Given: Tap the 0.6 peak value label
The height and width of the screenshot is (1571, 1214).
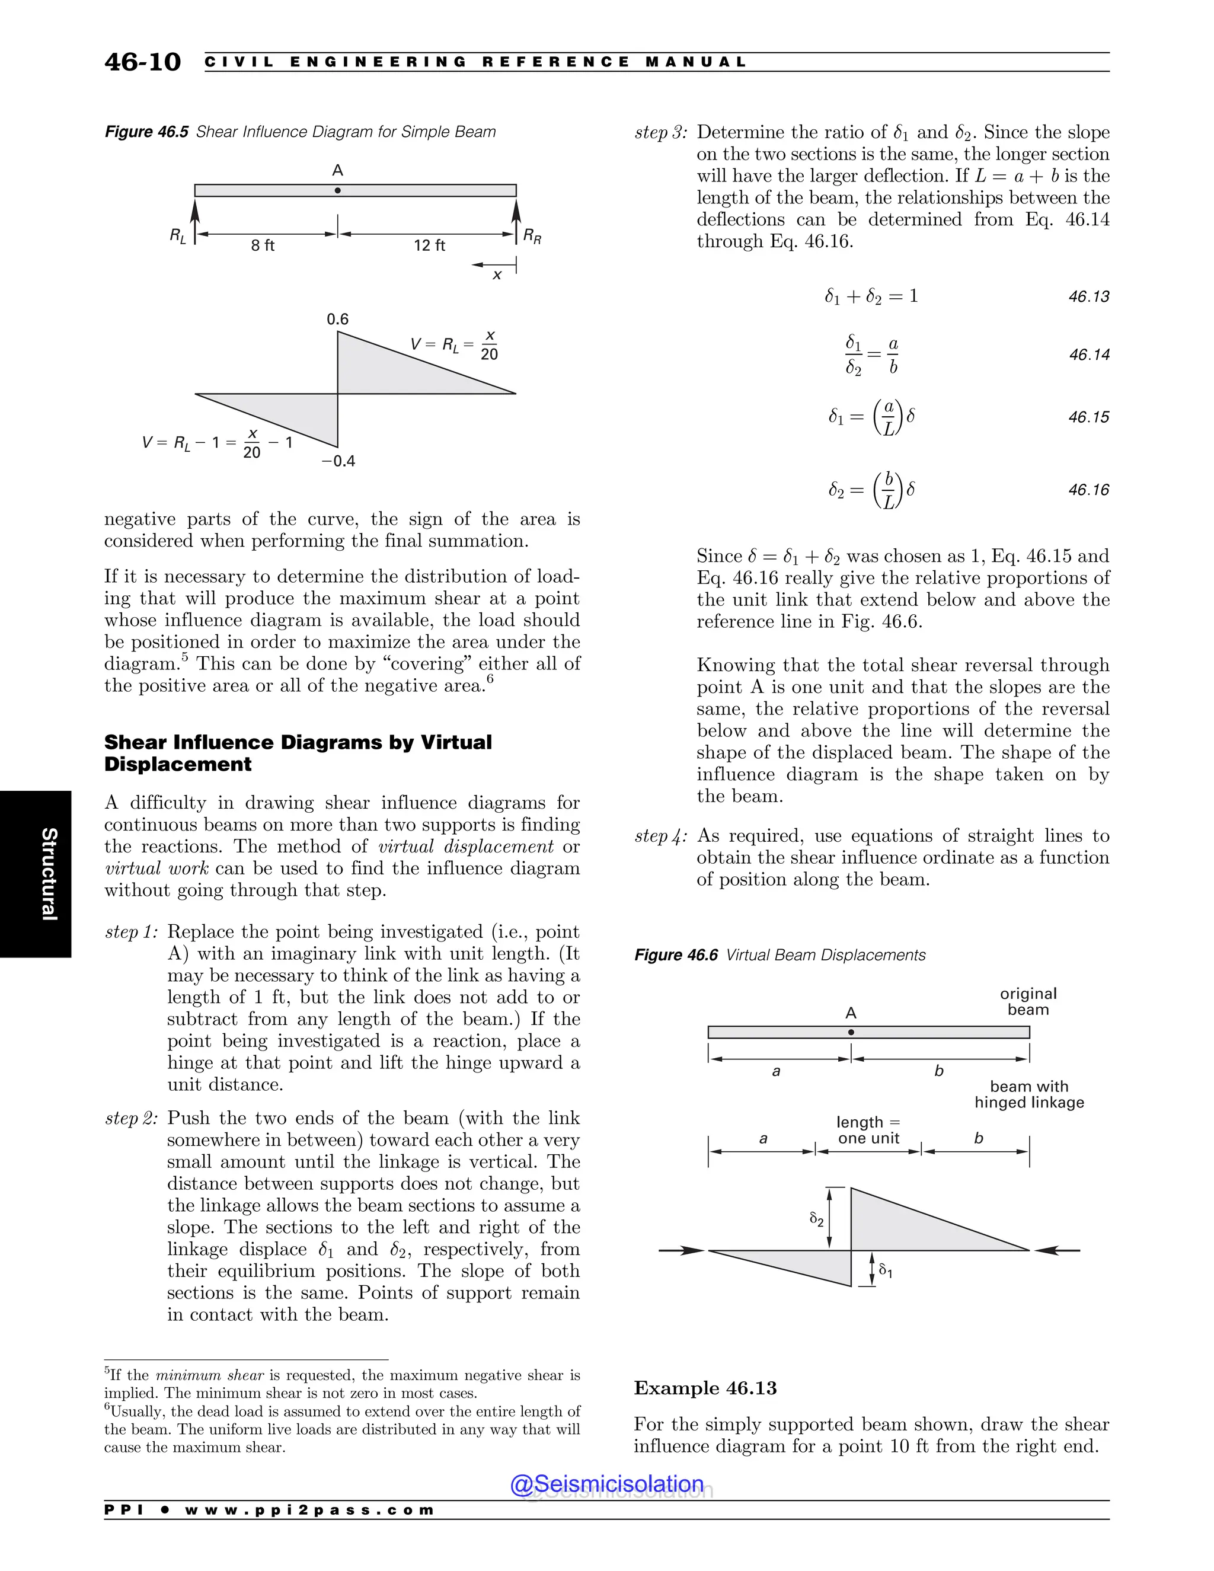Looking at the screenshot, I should pos(337,320).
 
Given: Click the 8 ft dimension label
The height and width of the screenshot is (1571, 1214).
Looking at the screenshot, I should pos(263,245).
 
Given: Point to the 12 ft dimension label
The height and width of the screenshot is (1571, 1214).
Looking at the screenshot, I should pos(429,245).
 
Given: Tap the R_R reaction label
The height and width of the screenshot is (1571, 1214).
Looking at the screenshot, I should pos(532,236).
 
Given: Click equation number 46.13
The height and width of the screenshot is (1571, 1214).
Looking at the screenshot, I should pos(1088,296).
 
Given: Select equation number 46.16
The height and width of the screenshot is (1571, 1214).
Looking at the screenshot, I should pos(1088,490).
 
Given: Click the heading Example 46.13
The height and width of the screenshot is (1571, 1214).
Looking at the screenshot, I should pos(705,1388).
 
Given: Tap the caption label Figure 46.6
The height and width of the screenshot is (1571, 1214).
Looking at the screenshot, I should pos(675,954).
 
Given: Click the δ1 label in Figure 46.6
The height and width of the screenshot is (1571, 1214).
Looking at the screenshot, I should pos(886,1272).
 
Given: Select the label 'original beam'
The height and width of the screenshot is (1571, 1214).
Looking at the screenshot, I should pos(1028,1001).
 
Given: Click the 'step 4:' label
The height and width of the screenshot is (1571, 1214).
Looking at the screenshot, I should pos(661,836).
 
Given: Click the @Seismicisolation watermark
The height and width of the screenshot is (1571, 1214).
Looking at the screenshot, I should pos(607,1483).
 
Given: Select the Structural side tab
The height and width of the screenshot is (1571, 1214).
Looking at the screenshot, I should pos(48,874).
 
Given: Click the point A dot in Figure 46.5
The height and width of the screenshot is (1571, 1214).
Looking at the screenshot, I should pos(337,191).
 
